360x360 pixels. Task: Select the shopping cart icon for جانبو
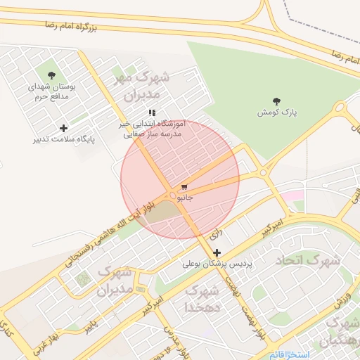click(184, 188)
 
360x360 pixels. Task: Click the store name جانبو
click(184, 198)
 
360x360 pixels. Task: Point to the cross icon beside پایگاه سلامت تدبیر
click(64, 128)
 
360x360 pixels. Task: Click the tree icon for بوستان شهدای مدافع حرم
click(51, 75)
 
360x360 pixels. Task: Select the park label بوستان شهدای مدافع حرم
click(49, 92)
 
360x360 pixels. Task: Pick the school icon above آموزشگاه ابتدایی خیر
click(151, 112)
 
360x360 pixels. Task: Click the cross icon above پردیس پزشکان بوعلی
click(217, 252)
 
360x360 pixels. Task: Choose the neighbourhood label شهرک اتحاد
click(307, 260)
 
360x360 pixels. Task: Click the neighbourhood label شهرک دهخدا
click(202, 299)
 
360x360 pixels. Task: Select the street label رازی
click(216, 230)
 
